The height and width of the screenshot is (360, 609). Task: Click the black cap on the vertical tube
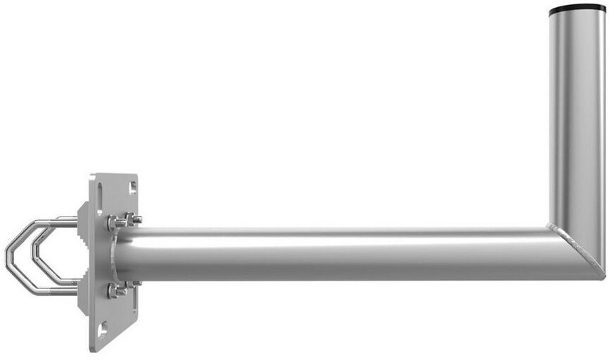pyautogui.click(x=577, y=9)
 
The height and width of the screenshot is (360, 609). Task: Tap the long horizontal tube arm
pyautogui.click(x=338, y=253)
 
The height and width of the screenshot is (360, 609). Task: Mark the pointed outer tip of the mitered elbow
pyautogui.click(x=603, y=276)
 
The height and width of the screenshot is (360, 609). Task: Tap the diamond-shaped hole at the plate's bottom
pyautogui.click(x=103, y=328)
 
